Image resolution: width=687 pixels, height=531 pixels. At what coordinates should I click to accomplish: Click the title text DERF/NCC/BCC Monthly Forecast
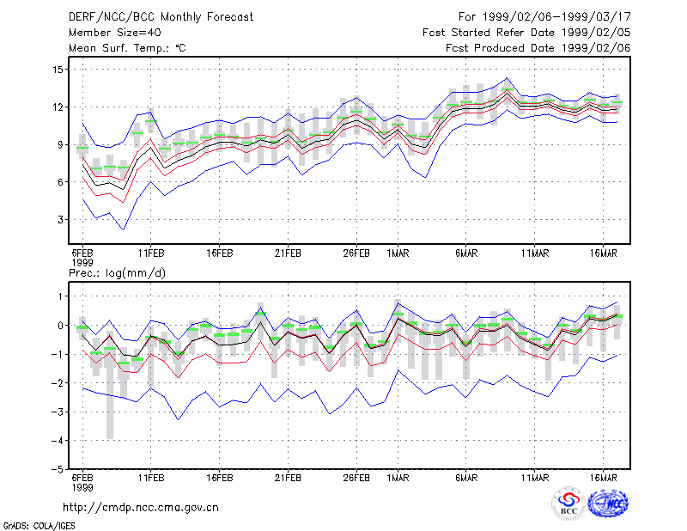tap(161, 17)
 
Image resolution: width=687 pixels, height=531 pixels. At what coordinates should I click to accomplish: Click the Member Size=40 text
tap(115, 33)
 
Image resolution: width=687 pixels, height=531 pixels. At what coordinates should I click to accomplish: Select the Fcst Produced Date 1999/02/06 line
tap(538, 48)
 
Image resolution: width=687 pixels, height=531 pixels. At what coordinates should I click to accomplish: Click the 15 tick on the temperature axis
tap(58, 70)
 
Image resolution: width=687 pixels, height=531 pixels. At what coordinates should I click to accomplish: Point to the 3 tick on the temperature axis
tap(60, 220)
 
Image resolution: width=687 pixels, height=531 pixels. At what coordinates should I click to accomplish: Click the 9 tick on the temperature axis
tap(60, 144)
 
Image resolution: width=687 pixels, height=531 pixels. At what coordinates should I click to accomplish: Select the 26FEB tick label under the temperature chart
tap(356, 253)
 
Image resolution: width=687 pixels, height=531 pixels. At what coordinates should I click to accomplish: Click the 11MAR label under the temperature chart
tap(534, 253)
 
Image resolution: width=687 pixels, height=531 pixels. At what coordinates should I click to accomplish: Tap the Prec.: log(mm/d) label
tap(117, 273)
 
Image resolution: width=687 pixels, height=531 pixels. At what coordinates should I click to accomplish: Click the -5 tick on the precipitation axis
tap(57, 470)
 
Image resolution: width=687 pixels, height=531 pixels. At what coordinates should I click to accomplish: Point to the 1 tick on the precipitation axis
tap(60, 296)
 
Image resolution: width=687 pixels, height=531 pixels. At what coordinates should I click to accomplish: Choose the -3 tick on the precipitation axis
tap(57, 412)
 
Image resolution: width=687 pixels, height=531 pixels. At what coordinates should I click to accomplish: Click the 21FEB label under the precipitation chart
tap(288, 478)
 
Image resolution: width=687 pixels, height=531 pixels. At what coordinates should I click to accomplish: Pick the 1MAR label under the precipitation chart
tap(398, 478)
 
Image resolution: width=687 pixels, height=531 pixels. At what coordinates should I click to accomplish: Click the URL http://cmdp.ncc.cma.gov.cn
tap(141, 508)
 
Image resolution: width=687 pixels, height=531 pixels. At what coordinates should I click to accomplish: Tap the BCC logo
tap(568, 504)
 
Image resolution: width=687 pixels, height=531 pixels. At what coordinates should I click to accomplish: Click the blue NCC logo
tap(608, 504)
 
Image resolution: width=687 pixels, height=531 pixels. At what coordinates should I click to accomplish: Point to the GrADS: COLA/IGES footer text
tap(40, 526)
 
